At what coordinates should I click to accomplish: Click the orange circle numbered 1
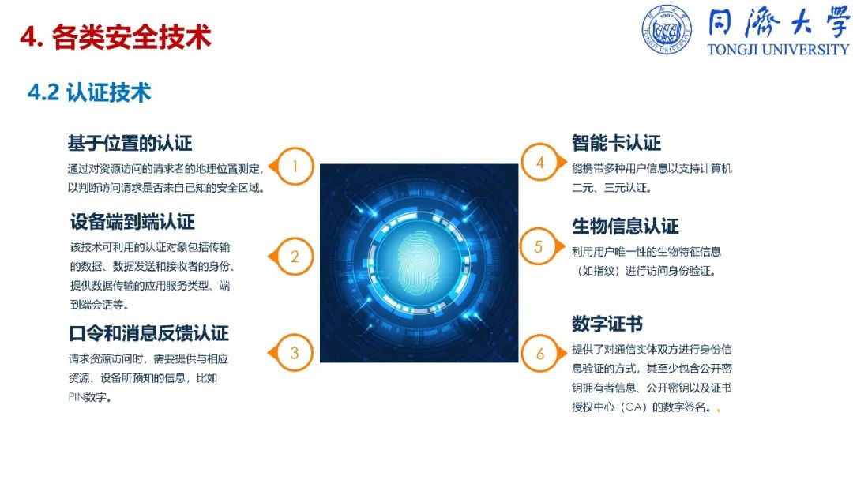(x=295, y=167)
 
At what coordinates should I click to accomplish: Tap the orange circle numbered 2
(x=295, y=257)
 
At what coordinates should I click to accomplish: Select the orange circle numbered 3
(x=295, y=353)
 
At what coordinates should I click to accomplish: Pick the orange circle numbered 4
(x=540, y=163)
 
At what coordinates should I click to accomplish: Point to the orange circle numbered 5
(x=539, y=246)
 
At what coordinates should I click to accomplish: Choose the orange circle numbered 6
(x=539, y=354)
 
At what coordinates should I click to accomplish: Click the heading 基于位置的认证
(x=130, y=144)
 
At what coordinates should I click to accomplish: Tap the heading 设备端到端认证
(x=132, y=222)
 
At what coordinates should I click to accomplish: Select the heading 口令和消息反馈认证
(x=148, y=333)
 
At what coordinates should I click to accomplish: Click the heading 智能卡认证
(x=616, y=143)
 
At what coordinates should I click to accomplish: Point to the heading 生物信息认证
(x=625, y=226)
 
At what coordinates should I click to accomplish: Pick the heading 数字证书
(x=607, y=324)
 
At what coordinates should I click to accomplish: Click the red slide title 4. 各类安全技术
(x=115, y=38)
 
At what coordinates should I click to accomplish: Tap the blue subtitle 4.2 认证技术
(x=89, y=92)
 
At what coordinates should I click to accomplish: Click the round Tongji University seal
(x=667, y=30)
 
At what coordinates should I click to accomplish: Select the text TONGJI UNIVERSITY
(x=778, y=50)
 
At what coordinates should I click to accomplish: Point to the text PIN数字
(x=90, y=397)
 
